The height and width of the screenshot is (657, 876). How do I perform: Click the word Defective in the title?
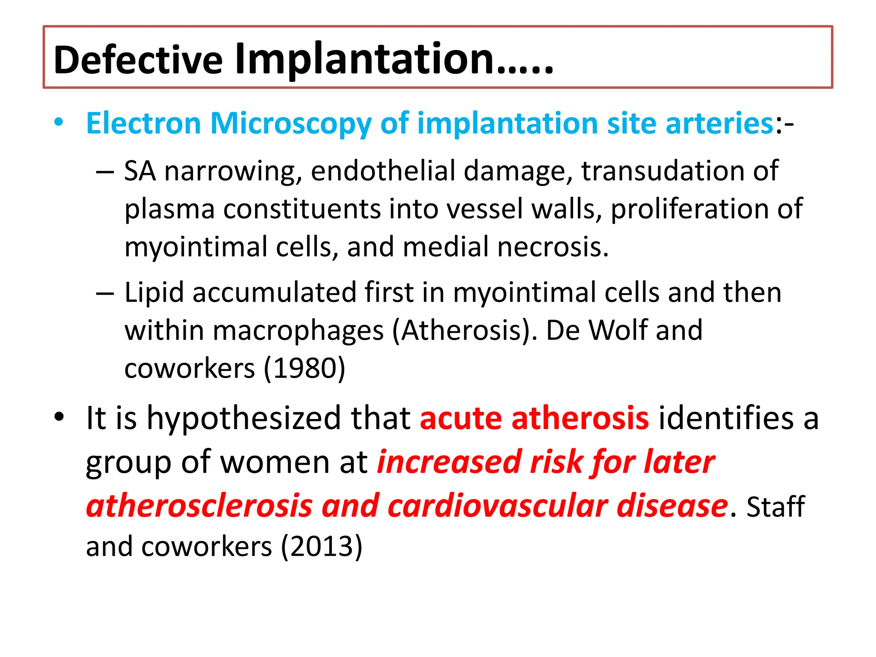point(138,59)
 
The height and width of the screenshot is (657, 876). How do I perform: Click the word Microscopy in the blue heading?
point(290,124)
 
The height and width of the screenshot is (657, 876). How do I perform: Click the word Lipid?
point(154,293)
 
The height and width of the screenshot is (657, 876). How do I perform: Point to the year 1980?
point(304,368)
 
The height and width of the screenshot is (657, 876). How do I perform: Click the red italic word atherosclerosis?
point(199,506)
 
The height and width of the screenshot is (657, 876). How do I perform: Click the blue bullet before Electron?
point(59,122)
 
